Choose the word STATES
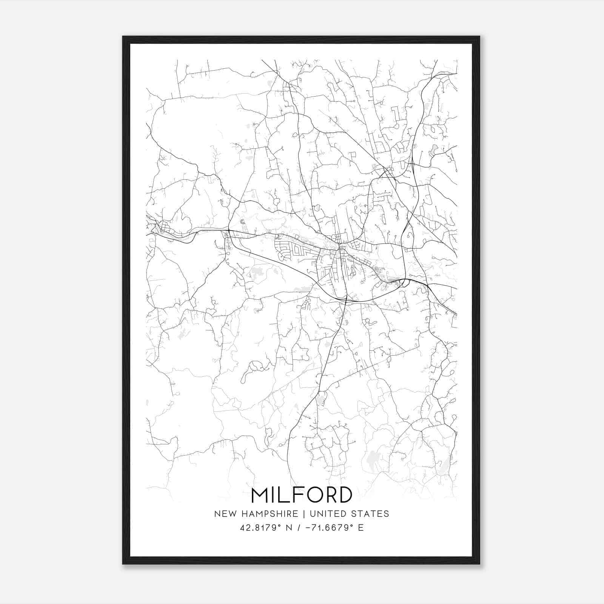pos(370,514)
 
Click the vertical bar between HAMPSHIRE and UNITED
pos(308,514)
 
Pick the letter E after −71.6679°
pos(361,528)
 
